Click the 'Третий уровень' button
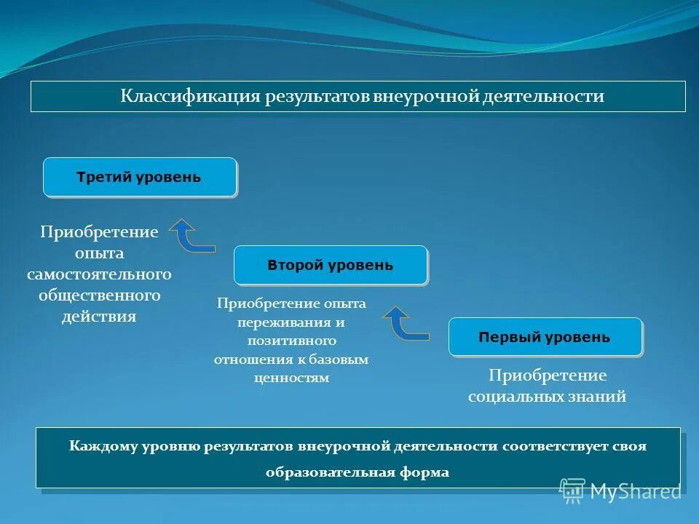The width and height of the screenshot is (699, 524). tap(139, 177)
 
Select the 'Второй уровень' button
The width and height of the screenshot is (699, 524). tap(330, 265)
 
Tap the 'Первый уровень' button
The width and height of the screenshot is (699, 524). tap(545, 337)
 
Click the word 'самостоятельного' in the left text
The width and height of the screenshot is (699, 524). tap(99, 274)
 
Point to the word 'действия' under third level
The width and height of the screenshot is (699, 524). tap(99, 317)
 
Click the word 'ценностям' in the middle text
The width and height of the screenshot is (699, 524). tap(292, 378)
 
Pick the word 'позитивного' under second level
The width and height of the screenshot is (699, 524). tap(291, 341)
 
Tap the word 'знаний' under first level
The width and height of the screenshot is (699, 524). tap(601, 397)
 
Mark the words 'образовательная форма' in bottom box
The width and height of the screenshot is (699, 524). tap(358, 472)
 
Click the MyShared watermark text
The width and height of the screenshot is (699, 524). tap(636, 492)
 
